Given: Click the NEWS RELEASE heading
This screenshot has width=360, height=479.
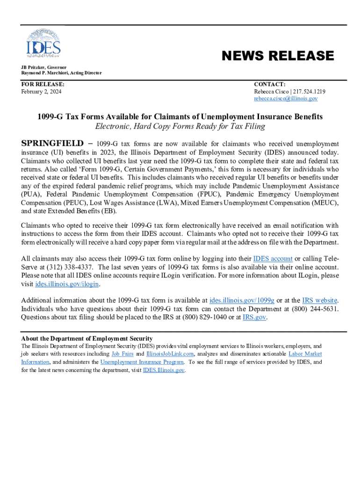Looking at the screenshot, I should [x=278, y=56].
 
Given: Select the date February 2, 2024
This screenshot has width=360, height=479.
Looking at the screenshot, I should [x=41, y=92].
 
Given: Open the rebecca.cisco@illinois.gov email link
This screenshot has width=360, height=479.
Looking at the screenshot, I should [x=286, y=99].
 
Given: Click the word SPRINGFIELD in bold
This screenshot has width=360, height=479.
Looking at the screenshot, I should [x=52, y=144].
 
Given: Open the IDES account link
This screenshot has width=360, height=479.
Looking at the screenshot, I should [x=273, y=259].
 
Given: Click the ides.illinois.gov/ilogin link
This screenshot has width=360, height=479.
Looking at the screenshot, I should [x=67, y=284].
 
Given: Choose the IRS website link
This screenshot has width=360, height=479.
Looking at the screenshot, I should [x=313, y=300].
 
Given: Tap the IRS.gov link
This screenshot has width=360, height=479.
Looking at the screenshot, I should [x=254, y=317].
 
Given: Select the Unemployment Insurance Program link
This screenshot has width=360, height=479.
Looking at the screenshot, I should [x=142, y=362].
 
